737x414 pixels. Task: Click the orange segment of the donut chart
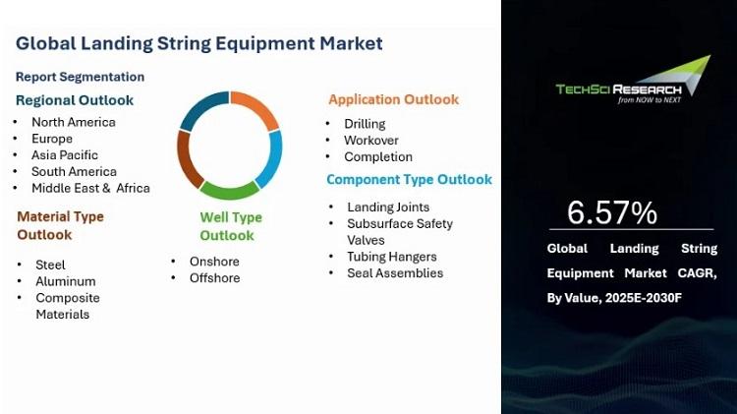click(258, 106)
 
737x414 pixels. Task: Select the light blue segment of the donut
click(272, 158)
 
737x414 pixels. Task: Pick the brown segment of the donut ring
click(187, 160)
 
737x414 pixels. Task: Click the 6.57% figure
click(612, 212)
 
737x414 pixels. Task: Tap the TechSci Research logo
click(633, 80)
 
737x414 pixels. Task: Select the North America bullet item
click(74, 122)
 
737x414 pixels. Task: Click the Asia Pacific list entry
click(65, 155)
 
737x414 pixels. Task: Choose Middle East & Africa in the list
click(90, 188)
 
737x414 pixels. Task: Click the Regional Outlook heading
click(75, 100)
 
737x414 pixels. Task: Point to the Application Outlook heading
click(394, 99)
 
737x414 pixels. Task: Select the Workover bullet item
click(371, 141)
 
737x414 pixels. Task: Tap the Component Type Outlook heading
click(410, 179)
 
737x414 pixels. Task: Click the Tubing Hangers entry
click(392, 257)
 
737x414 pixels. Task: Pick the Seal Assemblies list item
click(395, 273)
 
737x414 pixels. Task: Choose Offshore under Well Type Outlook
click(215, 278)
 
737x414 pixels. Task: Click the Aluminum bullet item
click(66, 281)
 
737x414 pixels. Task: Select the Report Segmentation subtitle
click(80, 77)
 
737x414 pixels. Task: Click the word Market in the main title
click(351, 43)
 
